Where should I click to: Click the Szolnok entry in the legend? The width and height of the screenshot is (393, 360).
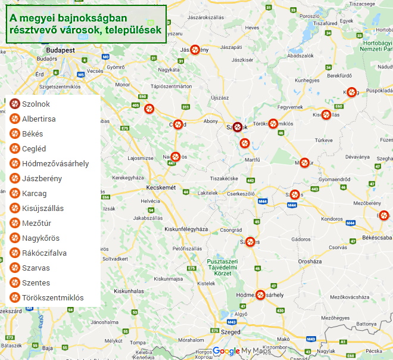click(36, 104)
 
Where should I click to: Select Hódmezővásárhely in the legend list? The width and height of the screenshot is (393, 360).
click(55, 164)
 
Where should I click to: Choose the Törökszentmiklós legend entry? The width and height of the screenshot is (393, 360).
click(52, 298)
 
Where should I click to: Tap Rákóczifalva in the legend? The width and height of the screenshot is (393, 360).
click(44, 253)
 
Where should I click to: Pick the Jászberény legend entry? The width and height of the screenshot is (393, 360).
click(42, 179)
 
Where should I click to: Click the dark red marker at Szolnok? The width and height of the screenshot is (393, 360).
click(238, 127)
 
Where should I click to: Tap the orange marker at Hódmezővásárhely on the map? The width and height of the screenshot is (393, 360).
click(260, 294)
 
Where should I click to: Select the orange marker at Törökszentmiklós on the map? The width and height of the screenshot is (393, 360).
click(273, 124)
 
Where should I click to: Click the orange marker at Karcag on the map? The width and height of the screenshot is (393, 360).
click(352, 92)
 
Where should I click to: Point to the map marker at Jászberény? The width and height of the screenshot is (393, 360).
click(195, 50)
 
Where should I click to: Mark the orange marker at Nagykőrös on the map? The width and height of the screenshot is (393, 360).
click(175, 157)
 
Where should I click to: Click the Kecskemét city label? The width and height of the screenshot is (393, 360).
click(161, 188)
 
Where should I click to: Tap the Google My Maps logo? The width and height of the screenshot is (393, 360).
click(242, 350)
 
